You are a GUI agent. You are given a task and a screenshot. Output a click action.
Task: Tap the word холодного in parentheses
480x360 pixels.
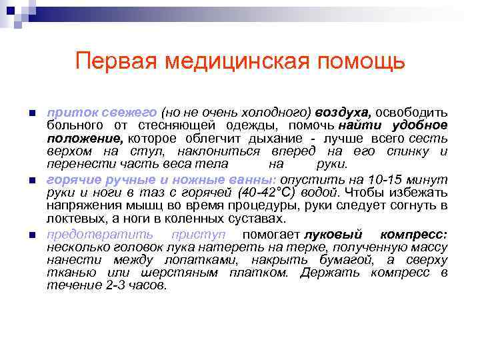pos(277,112)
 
